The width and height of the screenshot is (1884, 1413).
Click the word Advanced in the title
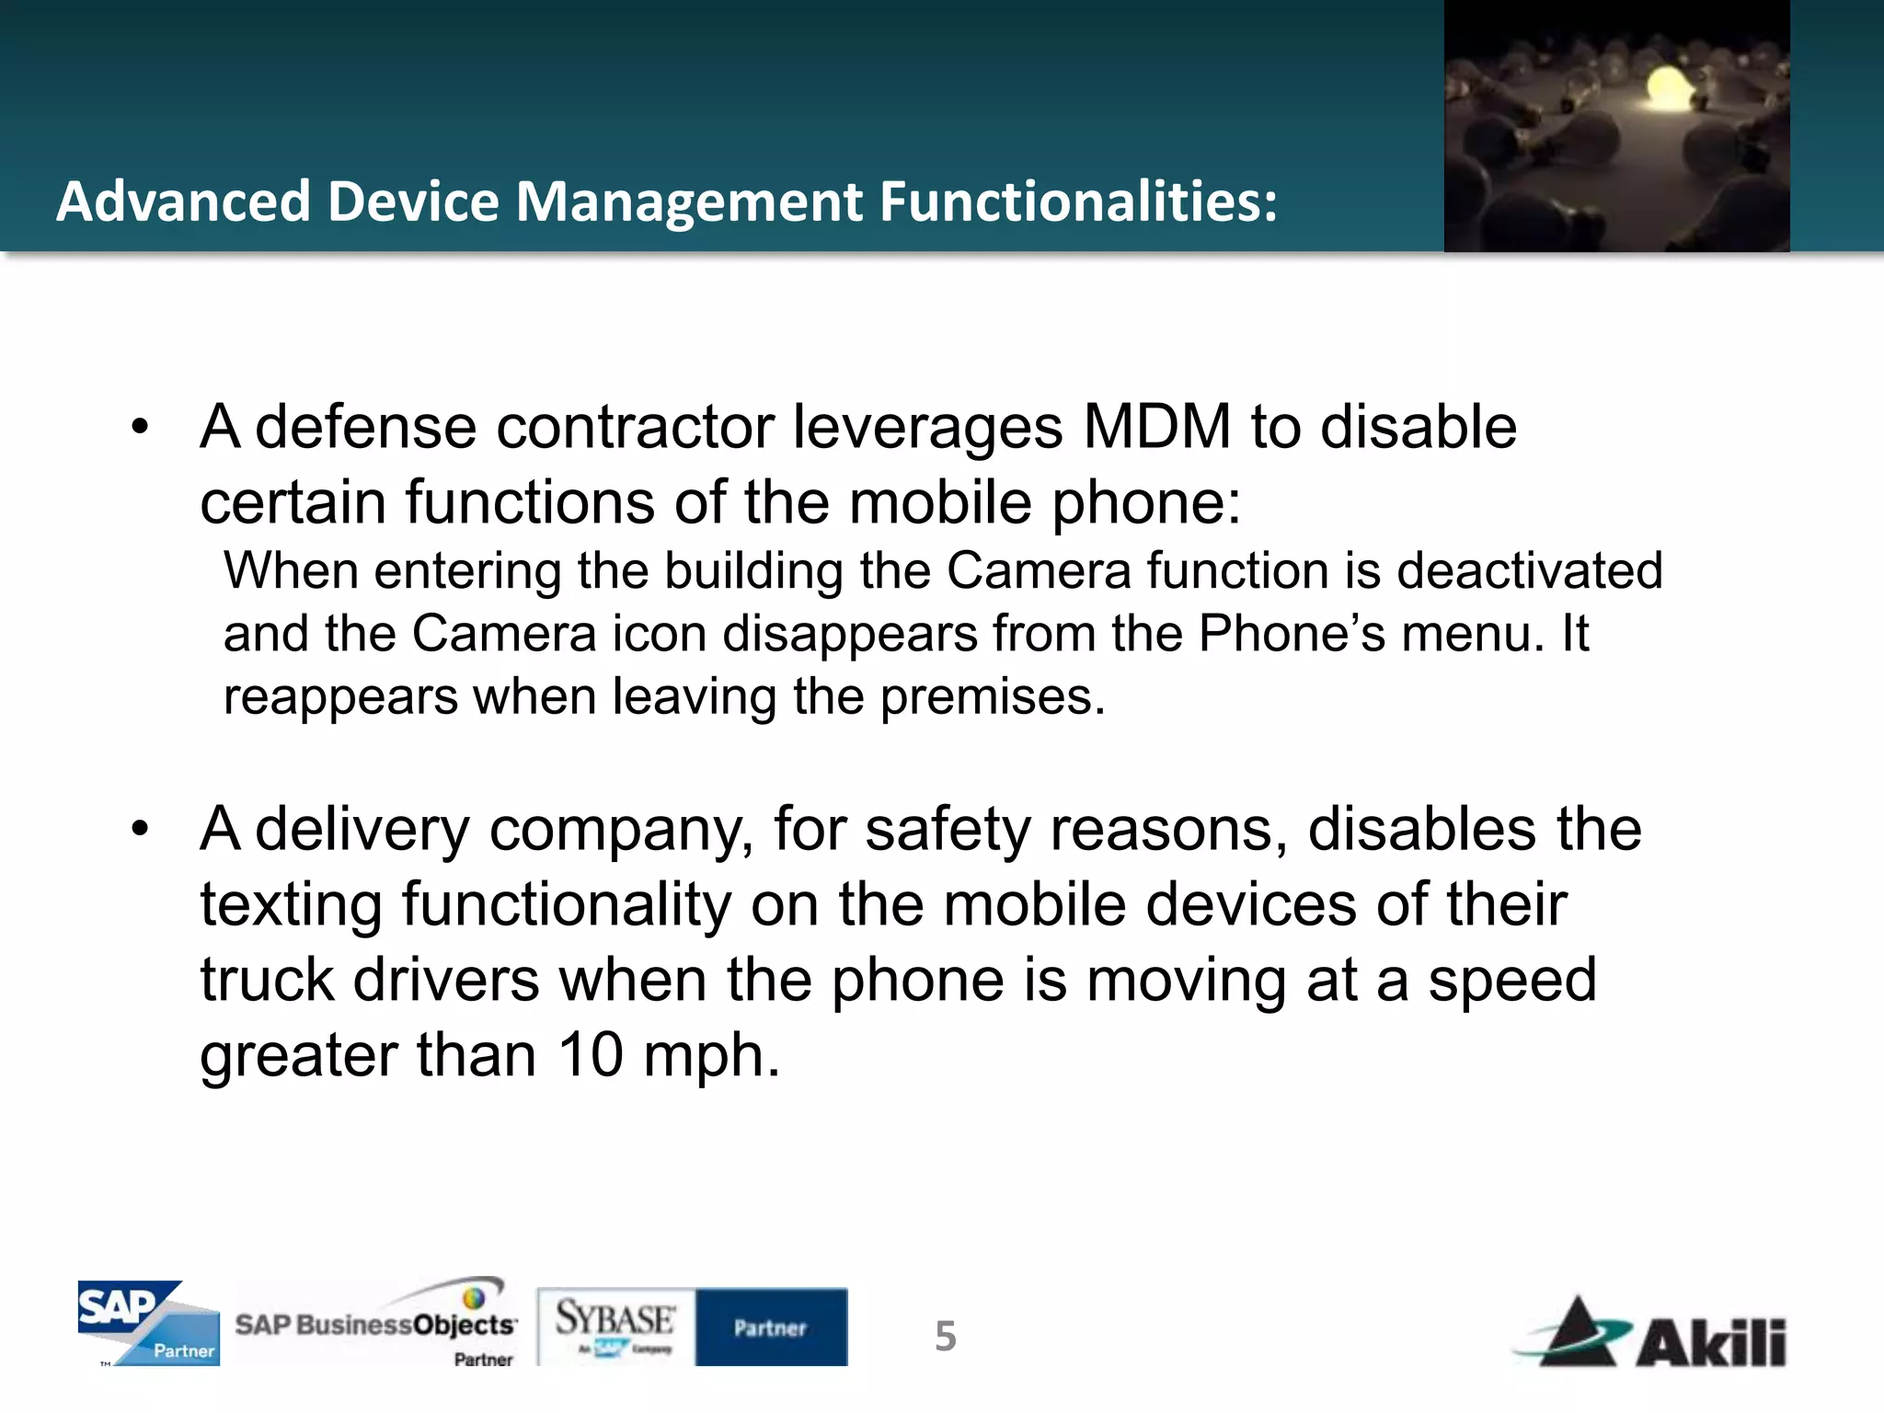[183, 201]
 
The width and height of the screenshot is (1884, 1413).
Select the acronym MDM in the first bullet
[1157, 428]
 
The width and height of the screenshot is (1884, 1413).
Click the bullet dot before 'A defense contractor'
[140, 428]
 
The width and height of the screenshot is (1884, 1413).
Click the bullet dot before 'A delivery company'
[140, 830]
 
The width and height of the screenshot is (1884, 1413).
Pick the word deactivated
[1530, 571]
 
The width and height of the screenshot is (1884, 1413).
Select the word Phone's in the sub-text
[1292, 634]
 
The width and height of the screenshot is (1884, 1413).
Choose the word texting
[291, 905]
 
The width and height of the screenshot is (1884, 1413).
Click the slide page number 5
[946, 1336]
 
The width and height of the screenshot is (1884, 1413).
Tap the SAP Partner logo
[148, 1323]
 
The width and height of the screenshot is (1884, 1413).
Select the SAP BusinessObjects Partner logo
[377, 1325]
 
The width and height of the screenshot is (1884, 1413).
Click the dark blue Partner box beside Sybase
[771, 1327]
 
